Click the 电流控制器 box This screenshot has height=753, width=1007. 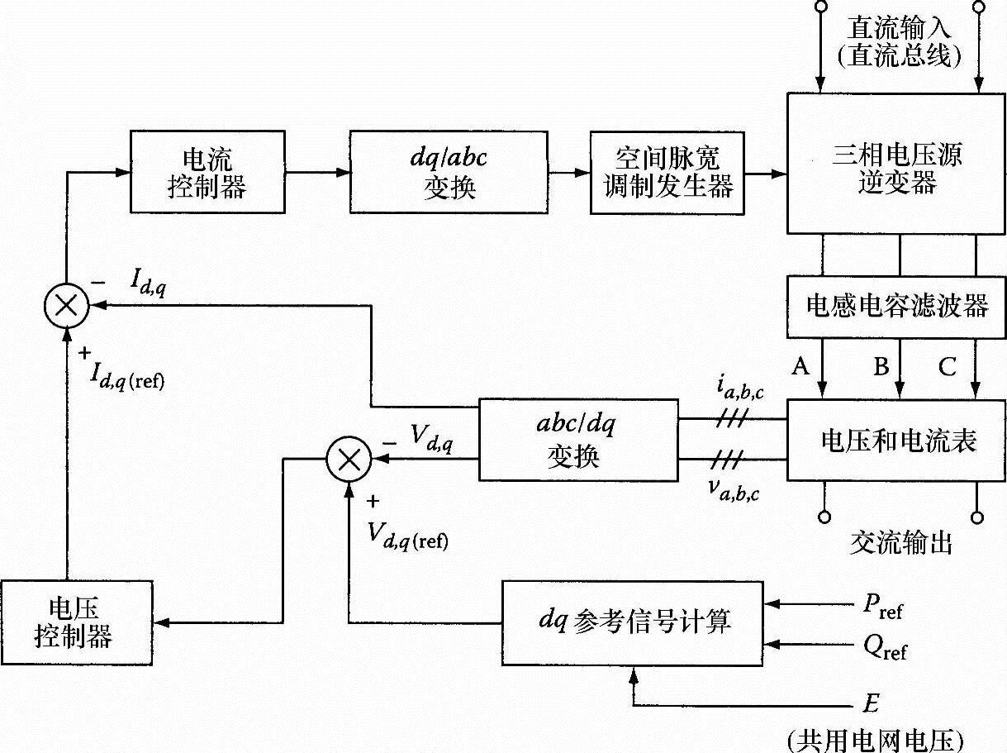[x=207, y=171]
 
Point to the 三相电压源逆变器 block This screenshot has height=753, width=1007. [x=897, y=164]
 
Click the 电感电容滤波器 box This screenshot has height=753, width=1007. [x=897, y=307]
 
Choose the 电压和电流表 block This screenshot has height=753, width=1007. [x=897, y=440]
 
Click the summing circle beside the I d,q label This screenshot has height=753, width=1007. [x=66, y=306]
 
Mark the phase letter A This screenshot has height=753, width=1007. [x=800, y=365]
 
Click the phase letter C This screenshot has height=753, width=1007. [x=947, y=365]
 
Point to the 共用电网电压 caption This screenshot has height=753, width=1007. [x=876, y=739]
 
